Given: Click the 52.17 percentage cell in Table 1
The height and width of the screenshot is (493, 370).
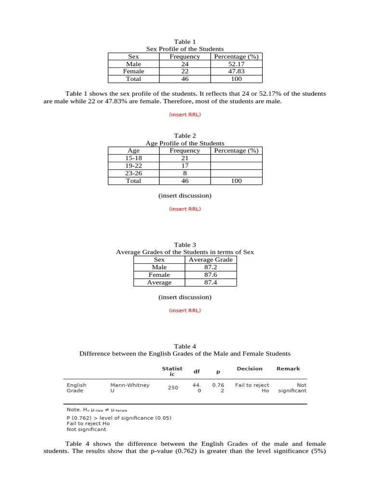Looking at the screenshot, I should pyautogui.click(x=236, y=64).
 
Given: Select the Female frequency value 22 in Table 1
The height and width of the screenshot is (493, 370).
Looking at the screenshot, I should pyautogui.click(x=185, y=71).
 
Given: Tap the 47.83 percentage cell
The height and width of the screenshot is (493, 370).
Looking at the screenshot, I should pyautogui.click(x=236, y=71).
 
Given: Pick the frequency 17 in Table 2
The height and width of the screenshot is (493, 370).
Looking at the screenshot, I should pyautogui.click(x=185, y=166).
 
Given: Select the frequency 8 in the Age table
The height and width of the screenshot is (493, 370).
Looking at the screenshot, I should pyautogui.click(x=185, y=173).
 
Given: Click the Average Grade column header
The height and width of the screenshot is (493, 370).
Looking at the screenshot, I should pyautogui.click(x=211, y=259).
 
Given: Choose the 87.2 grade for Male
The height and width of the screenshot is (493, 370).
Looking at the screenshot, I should pyautogui.click(x=211, y=267).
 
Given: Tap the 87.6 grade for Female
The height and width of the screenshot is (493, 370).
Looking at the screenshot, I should pyautogui.click(x=211, y=275).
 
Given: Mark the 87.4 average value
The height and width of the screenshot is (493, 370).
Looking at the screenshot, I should pyautogui.click(x=211, y=283).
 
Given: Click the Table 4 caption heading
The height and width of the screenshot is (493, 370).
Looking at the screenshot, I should pyautogui.click(x=185, y=346).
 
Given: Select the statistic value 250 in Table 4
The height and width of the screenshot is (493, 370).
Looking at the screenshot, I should pyautogui.click(x=173, y=388).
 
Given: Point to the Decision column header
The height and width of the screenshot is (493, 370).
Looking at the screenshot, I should pyautogui.click(x=250, y=369).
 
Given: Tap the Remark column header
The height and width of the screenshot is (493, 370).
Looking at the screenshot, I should pyautogui.click(x=288, y=369).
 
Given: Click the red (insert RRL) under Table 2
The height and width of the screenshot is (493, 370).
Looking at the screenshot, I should pyautogui.click(x=185, y=209).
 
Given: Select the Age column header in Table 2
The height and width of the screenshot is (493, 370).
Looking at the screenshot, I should pyautogui.click(x=133, y=150).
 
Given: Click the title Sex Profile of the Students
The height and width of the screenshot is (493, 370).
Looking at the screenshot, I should pyautogui.click(x=185, y=49).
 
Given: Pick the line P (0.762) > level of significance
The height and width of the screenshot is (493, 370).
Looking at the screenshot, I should pyautogui.click(x=119, y=417).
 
